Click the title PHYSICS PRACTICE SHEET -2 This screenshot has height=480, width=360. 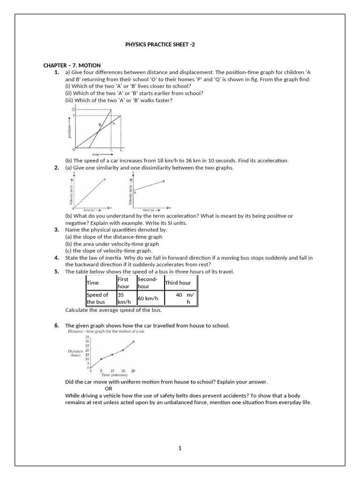(159, 45)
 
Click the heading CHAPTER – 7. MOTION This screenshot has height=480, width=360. (72, 65)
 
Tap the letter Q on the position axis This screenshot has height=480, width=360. (73, 109)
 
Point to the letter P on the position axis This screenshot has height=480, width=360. (73, 115)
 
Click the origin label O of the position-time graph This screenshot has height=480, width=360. (74, 149)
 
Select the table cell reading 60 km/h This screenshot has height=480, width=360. (146, 298)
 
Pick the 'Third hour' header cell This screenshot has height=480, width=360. (178, 283)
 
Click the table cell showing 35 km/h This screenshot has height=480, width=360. (123, 299)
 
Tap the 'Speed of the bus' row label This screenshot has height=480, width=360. (97, 299)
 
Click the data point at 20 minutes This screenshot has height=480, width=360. (134, 342)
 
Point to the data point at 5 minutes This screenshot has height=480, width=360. (101, 359)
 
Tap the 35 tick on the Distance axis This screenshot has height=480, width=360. (87, 337)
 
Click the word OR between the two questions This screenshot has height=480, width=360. (108, 389)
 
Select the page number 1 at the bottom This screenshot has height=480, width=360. (180, 448)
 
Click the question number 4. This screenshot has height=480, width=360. (56, 257)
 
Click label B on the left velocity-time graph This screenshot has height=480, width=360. (104, 180)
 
